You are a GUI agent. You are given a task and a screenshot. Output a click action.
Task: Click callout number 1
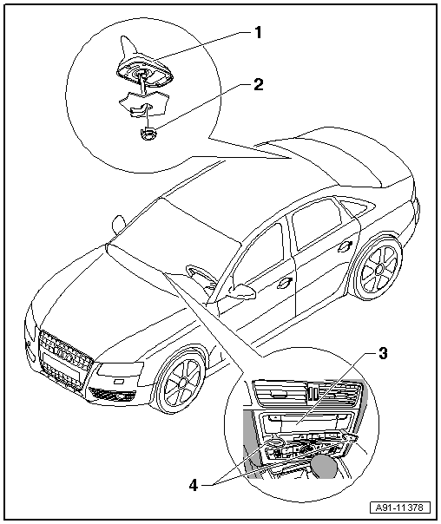click(x=258, y=33)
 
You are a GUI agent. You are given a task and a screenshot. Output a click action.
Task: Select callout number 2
click(x=258, y=84)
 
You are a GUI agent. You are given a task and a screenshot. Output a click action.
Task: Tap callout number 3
click(x=383, y=353)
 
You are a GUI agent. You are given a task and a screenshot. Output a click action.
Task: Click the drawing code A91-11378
click(x=400, y=508)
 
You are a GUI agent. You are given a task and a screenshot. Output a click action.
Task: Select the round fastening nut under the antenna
click(x=148, y=134)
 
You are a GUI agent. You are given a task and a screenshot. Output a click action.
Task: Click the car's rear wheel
click(x=378, y=268)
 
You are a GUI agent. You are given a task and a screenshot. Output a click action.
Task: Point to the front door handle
click(x=285, y=283)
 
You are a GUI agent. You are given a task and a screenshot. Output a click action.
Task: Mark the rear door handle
click(x=345, y=246)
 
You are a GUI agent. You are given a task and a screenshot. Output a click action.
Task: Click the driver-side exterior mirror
click(x=242, y=291)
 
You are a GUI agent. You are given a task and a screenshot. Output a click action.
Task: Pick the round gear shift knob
click(x=323, y=466)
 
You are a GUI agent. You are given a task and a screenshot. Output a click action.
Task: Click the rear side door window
click(x=317, y=221)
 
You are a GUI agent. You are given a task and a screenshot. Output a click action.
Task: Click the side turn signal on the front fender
click(x=119, y=382)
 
